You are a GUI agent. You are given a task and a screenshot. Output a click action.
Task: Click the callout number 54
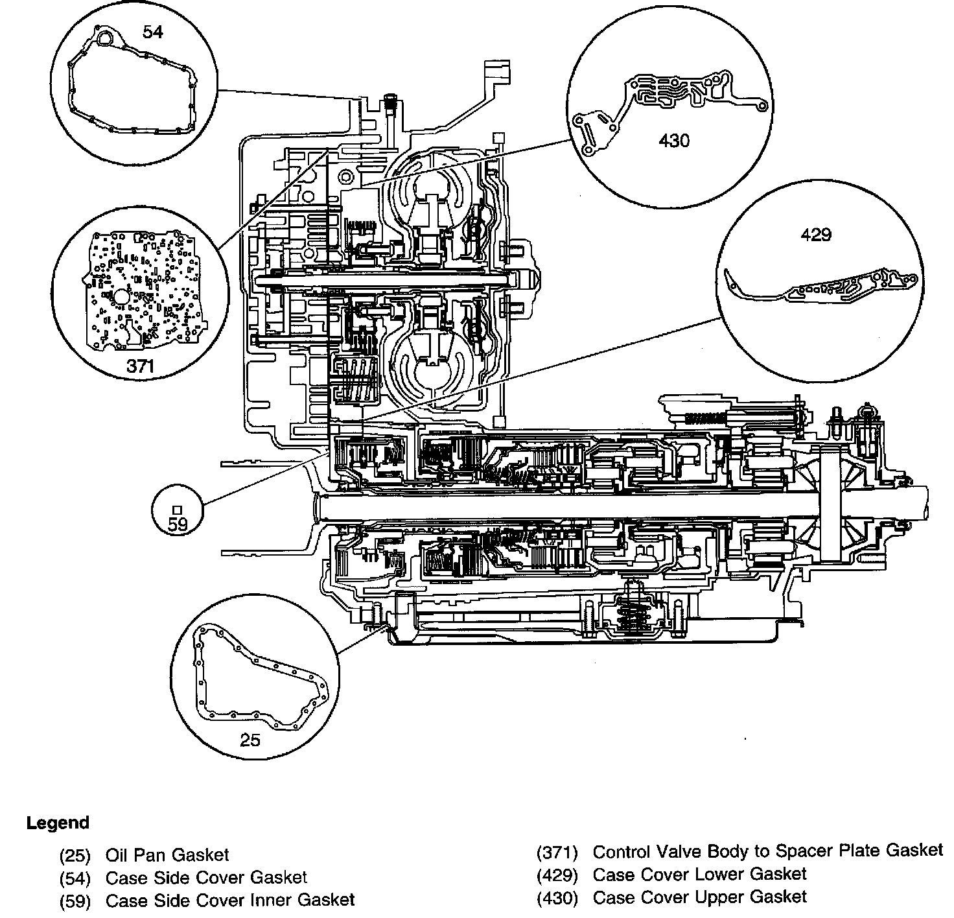tap(153, 31)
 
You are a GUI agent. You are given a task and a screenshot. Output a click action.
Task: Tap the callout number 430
tap(674, 139)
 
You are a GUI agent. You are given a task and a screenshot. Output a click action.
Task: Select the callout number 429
tap(816, 234)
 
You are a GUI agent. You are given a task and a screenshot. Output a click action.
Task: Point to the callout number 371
tap(140, 366)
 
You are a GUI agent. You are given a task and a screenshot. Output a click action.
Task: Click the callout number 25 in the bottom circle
tap(250, 739)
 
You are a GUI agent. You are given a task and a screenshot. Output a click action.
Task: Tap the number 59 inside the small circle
tap(177, 524)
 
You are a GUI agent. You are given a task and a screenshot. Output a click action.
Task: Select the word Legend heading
tap(58, 823)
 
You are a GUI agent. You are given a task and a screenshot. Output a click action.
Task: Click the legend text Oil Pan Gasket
tap(167, 856)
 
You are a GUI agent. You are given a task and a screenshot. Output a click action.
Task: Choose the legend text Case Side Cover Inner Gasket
tap(230, 900)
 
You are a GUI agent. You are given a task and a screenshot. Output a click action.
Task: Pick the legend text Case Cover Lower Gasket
tap(699, 874)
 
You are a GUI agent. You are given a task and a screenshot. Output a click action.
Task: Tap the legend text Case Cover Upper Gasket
tap(700, 897)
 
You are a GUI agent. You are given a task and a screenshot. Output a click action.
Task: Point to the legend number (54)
tap(75, 878)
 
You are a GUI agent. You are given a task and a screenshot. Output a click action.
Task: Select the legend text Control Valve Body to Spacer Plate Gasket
tap(768, 851)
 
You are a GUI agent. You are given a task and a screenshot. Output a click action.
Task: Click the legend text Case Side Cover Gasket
tap(206, 878)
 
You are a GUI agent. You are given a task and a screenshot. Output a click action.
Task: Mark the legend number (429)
tap(557, 875)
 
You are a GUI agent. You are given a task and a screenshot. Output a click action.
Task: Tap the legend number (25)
tap(75, 856)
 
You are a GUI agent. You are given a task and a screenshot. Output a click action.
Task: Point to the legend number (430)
tap(557, 898)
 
